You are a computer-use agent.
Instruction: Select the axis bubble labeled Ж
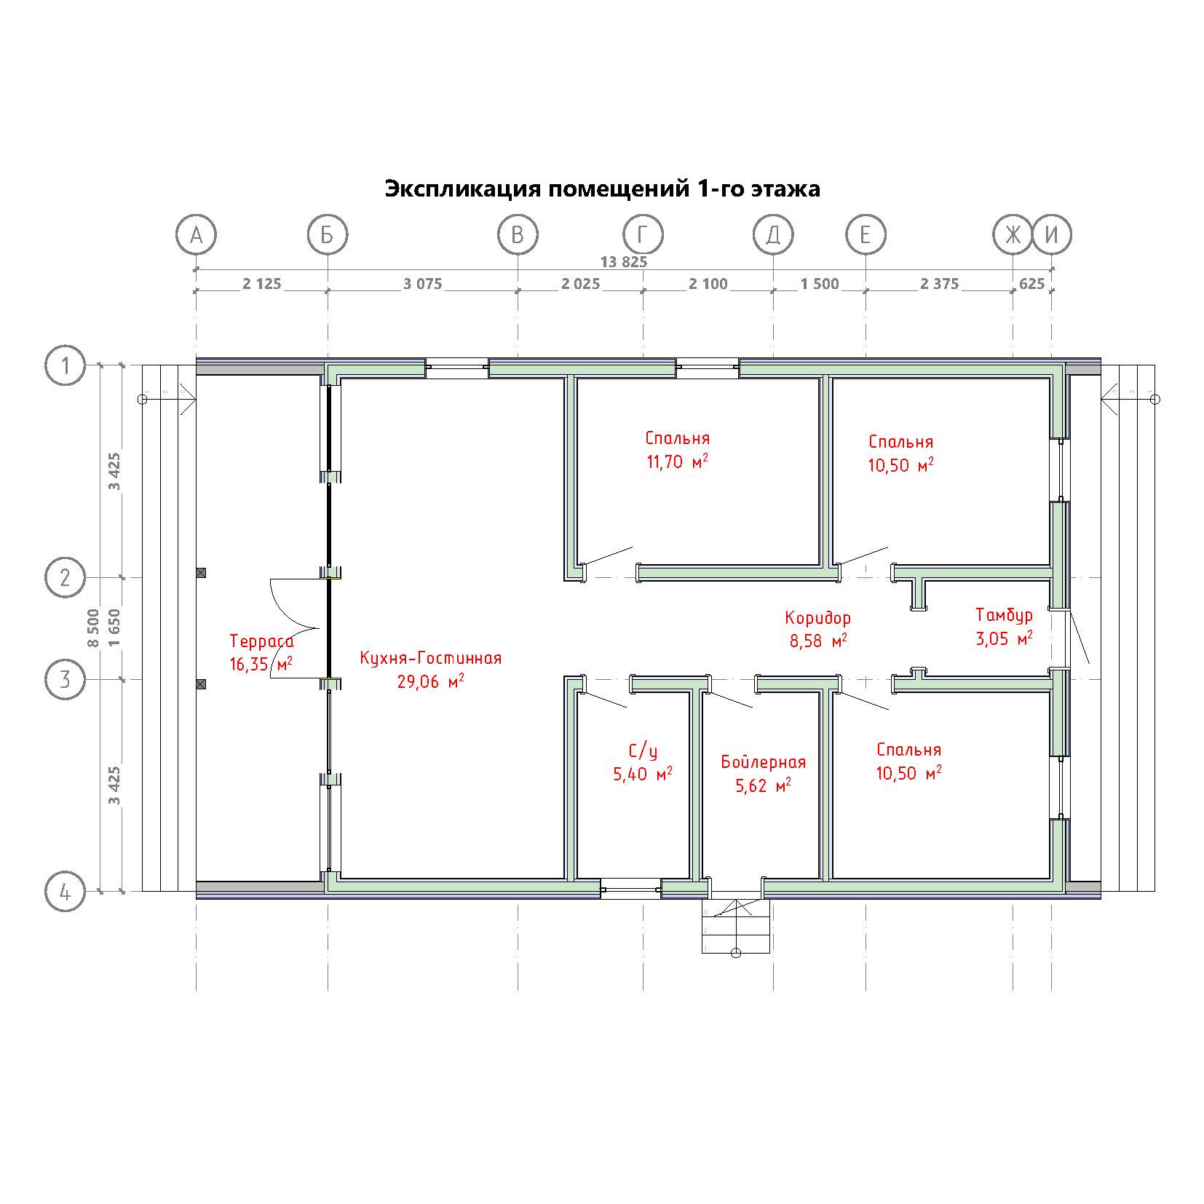(1013, 235)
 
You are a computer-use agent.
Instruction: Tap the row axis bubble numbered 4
(66, 891)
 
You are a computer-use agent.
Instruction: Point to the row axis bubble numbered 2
(66, 578)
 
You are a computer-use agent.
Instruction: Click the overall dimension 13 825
(623, 262)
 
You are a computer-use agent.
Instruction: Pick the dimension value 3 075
(423, 284)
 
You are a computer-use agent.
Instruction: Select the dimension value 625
(1032, 284)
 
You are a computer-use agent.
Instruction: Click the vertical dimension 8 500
(92, 627)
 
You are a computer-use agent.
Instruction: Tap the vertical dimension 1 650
(114, 627)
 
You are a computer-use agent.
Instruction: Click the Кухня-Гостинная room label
(430, 658)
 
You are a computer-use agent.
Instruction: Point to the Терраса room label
(262, 641)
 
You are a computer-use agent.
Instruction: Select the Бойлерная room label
(764, 762)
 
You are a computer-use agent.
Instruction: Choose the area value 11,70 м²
(678, 462)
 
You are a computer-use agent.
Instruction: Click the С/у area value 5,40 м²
(643, 774)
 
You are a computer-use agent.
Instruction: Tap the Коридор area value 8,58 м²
(818, 641)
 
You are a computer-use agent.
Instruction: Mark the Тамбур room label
(1004, 615)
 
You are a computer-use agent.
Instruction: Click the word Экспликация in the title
(462, 189)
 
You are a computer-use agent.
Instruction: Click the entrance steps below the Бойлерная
(736, 924)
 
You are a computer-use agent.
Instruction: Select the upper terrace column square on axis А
(201, 573)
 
